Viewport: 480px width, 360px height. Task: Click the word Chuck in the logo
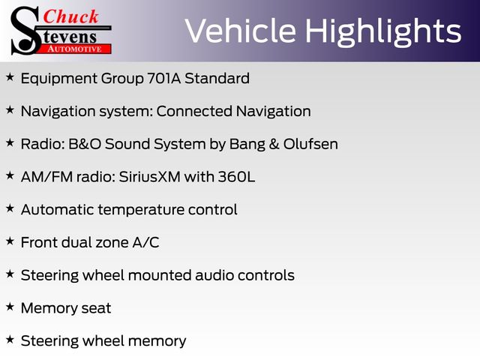[70, 16]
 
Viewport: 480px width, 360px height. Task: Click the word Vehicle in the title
[241, 31]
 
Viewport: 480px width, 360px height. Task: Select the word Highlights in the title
[383, 32]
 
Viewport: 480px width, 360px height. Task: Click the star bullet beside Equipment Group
[10, 77]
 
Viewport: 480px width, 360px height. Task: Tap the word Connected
[194, 111]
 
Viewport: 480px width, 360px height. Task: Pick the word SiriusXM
[149, 177]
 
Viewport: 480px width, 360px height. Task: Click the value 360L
[236, 177]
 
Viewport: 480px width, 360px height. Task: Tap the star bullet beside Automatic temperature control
[10, 208]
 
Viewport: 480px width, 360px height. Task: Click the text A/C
[145, 242]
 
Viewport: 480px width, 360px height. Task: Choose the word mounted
[160, 275]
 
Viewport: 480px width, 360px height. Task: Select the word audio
[214, 275]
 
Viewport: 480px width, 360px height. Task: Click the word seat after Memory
[96, 308]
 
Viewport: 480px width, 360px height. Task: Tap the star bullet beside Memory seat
[10, 307]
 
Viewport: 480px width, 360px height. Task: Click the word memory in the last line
[157, 342]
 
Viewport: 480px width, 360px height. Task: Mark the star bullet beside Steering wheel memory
[10, 340]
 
